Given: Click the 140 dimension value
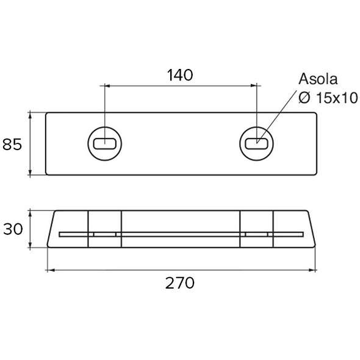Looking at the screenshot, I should click(x=180, y=75).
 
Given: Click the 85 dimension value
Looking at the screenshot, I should click(x=12, y=145).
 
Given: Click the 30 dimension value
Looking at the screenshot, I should click(x=12, y=229).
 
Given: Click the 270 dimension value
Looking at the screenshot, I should click(x=180, y=283).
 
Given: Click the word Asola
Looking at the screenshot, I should click(x=318, y=80).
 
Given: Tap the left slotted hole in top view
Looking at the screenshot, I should click(x=105, y=144).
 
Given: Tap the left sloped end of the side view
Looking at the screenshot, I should click(x=51, y=229).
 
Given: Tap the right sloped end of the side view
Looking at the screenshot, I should click(x=312, y=229).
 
